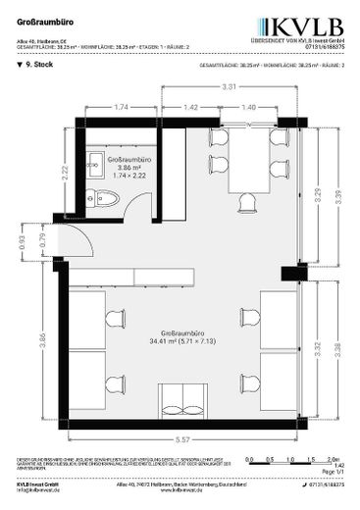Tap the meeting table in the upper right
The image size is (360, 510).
click(249, 164)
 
